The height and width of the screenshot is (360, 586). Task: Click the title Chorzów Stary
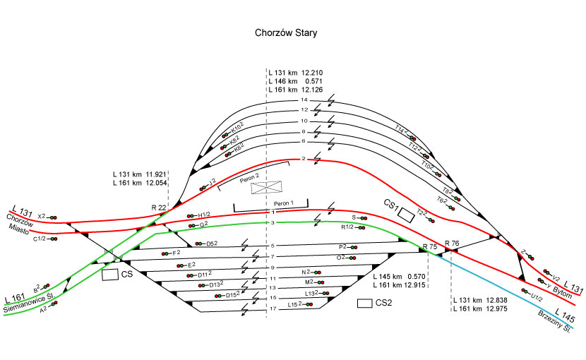(x=286, y=32)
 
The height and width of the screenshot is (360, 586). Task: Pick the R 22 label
(x=159, y=207)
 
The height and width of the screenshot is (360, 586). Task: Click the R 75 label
(x=429, y=246)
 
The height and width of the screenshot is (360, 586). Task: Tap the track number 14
(x=304, y=100)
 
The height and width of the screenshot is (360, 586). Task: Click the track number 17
(x=273, y=309)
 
